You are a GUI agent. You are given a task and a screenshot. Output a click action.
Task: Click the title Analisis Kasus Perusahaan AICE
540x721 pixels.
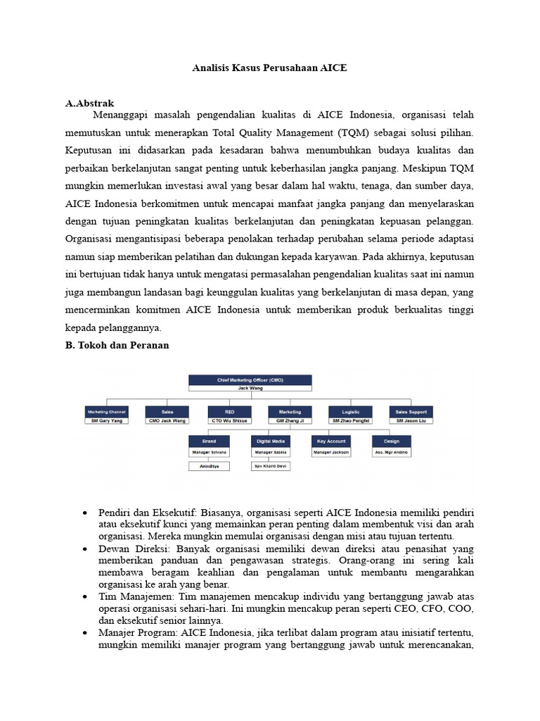269,69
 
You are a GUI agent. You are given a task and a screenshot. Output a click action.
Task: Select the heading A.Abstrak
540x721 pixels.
89,104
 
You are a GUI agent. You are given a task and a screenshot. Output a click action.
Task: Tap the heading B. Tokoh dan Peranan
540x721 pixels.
117,346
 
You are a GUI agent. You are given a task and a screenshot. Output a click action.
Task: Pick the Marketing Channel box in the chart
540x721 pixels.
105,411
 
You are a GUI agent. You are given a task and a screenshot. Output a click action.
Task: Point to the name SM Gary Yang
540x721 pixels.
105,420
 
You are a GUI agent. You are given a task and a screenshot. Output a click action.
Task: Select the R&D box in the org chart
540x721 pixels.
229,411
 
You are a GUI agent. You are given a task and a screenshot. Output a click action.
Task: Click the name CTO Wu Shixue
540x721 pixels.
229,420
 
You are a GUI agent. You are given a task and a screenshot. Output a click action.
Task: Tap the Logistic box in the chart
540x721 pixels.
351,411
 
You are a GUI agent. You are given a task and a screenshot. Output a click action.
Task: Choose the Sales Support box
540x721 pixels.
411,411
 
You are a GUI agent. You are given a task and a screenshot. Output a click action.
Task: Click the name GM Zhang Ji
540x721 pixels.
290,420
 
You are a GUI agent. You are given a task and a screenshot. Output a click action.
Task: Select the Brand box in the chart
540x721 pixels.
209,442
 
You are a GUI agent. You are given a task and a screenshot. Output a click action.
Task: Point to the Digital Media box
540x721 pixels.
270,442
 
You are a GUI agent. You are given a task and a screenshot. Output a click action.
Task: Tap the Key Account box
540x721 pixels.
330,442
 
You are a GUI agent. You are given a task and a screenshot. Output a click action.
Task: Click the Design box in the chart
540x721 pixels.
392,442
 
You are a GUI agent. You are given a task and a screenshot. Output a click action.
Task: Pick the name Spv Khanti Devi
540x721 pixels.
270,466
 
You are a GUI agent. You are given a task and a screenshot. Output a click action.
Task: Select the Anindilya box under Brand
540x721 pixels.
209,466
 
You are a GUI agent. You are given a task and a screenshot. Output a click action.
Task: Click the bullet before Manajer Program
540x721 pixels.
84,632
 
